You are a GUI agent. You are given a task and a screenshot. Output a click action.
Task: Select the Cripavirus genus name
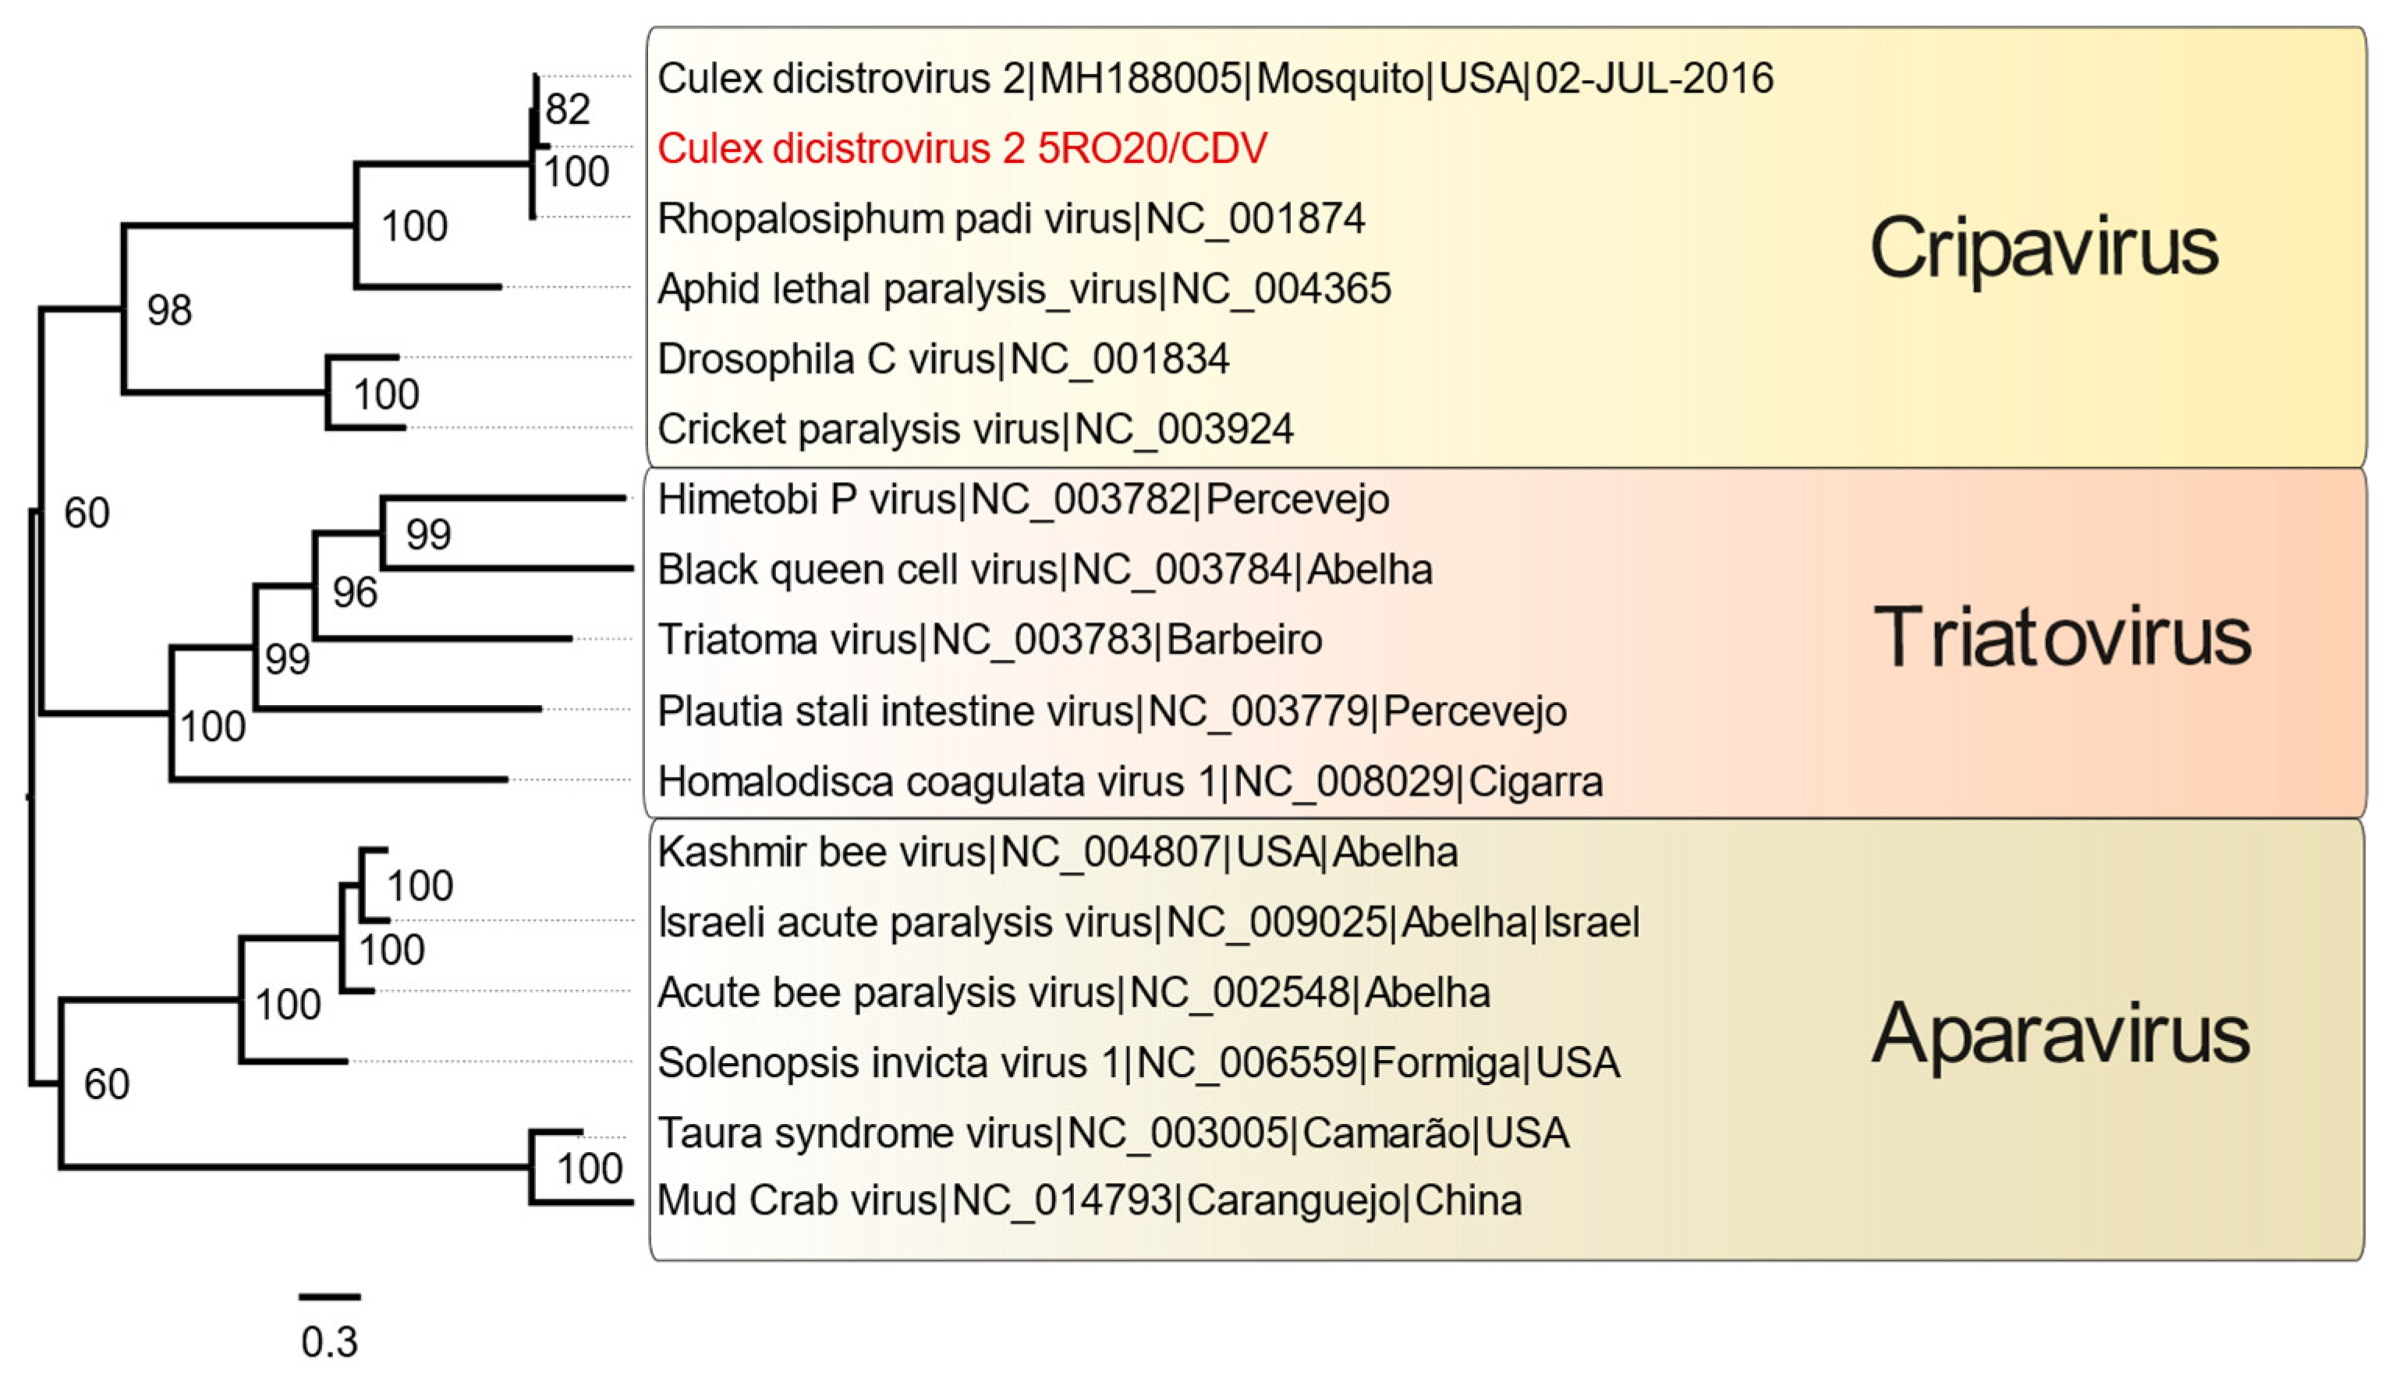(x=2043, y=248)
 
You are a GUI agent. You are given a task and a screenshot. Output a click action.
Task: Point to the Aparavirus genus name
(x=2060, y=1034)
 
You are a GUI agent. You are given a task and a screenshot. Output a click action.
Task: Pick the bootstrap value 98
(x=169, y=310)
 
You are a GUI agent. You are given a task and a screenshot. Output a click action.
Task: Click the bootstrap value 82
(x=567, y=110)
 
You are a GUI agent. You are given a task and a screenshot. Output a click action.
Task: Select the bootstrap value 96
(x=355, y=593)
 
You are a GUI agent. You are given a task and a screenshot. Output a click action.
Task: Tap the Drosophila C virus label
(x=943, y=360)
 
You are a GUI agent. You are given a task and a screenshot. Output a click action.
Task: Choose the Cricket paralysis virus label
(x=976, y=430)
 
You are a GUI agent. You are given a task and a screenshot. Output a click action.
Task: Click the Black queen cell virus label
(x=1044, y=570)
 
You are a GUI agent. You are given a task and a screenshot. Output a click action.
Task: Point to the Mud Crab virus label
(x=1089, y=1201)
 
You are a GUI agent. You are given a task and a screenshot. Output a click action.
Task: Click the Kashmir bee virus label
(x=1057, y=853)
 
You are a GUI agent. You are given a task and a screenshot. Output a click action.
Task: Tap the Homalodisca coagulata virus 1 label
(x=1129, y=782)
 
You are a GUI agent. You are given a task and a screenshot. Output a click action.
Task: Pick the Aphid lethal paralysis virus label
(x=1023, y=289)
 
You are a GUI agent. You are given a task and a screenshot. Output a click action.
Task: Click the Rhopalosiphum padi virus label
(x=1010, y=218)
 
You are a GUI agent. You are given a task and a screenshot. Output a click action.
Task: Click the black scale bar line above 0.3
(x=330, y=1296)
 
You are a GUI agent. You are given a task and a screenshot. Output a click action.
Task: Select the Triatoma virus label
(x=990, y=640)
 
